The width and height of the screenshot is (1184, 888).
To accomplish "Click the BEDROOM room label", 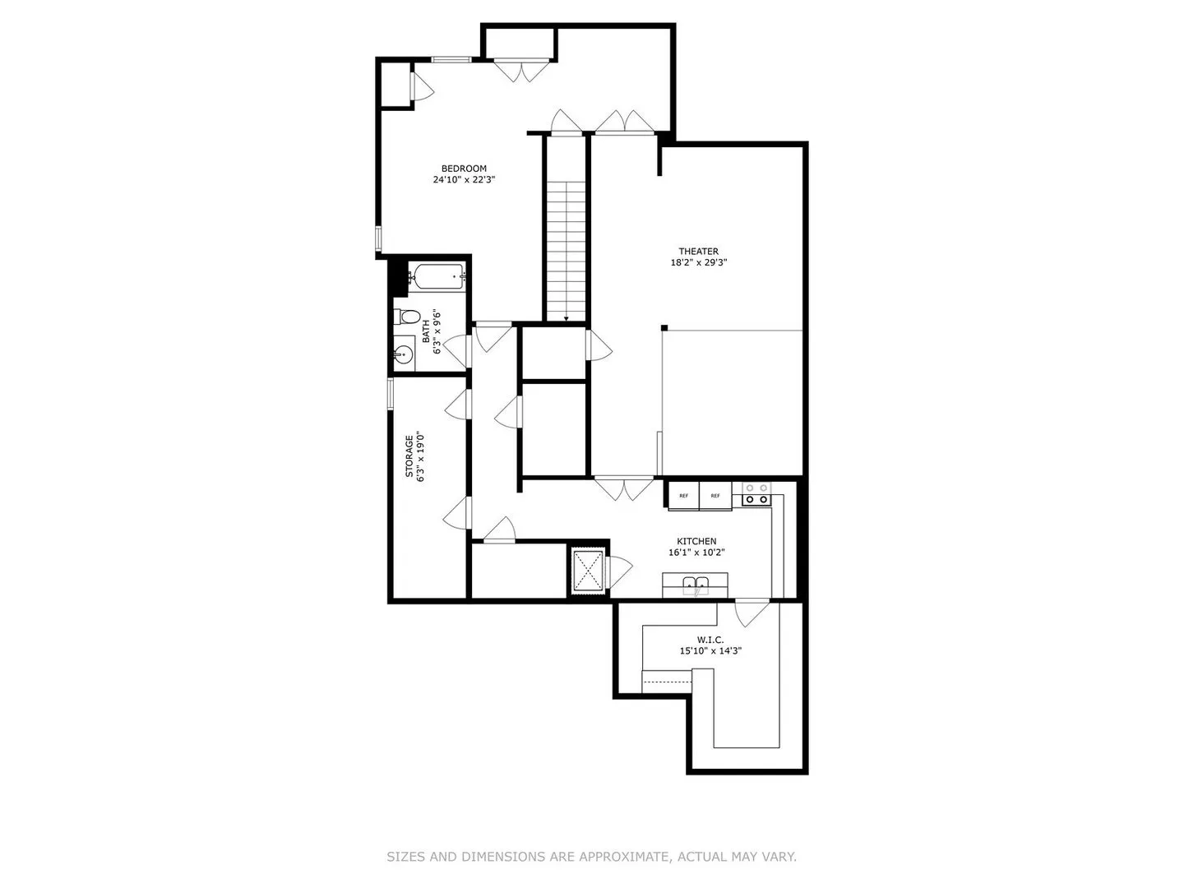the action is point(464,169).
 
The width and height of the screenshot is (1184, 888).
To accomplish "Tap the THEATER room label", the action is point(699,252).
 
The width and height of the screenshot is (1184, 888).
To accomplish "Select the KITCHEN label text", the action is point(696,541).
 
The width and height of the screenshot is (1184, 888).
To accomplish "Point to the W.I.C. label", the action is point(710,640).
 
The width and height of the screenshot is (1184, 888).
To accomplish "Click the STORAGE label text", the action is point(409,456).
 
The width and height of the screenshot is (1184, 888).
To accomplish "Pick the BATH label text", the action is point(426,331).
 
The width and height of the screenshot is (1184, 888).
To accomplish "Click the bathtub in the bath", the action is point(437,277).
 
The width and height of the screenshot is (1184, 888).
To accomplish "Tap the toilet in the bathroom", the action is point(407,317).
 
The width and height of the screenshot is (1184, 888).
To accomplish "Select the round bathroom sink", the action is point(404,354).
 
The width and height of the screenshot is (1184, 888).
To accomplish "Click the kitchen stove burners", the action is point(756,494).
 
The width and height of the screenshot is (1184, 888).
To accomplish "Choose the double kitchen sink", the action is point(696,585).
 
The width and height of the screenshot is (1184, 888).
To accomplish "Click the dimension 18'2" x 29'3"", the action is point(699,263).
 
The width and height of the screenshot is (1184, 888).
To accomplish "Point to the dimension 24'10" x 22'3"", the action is point(464,180).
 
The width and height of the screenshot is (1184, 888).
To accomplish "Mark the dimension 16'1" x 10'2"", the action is point(696,553).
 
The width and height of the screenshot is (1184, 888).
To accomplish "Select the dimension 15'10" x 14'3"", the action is point(710,651).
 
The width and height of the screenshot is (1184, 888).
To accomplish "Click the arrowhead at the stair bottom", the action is point(566,319).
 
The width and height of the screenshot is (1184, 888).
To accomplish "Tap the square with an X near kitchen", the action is point(588,571).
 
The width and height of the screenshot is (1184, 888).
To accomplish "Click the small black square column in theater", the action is point(664,328).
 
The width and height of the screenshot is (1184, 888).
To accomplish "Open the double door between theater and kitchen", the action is point(623,488).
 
